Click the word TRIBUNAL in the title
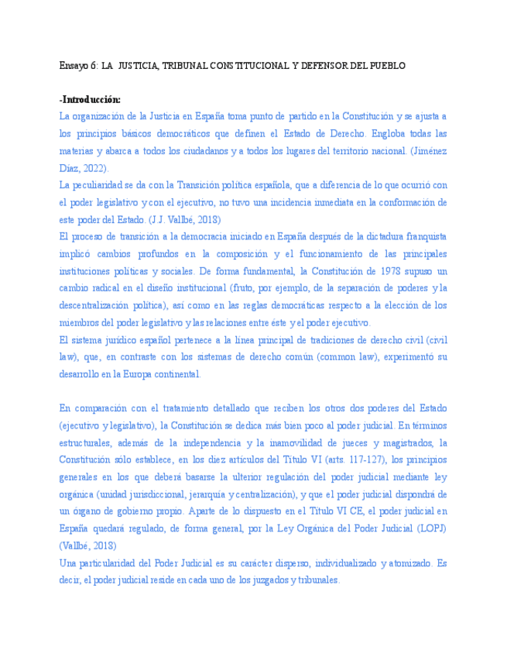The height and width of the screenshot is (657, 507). pyautogui.click(x=184, y=67)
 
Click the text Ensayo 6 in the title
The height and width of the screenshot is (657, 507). pyautogui.click(x=77, y=67)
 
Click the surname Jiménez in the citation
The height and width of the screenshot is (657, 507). pyautogui.click(x=429, y=150)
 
